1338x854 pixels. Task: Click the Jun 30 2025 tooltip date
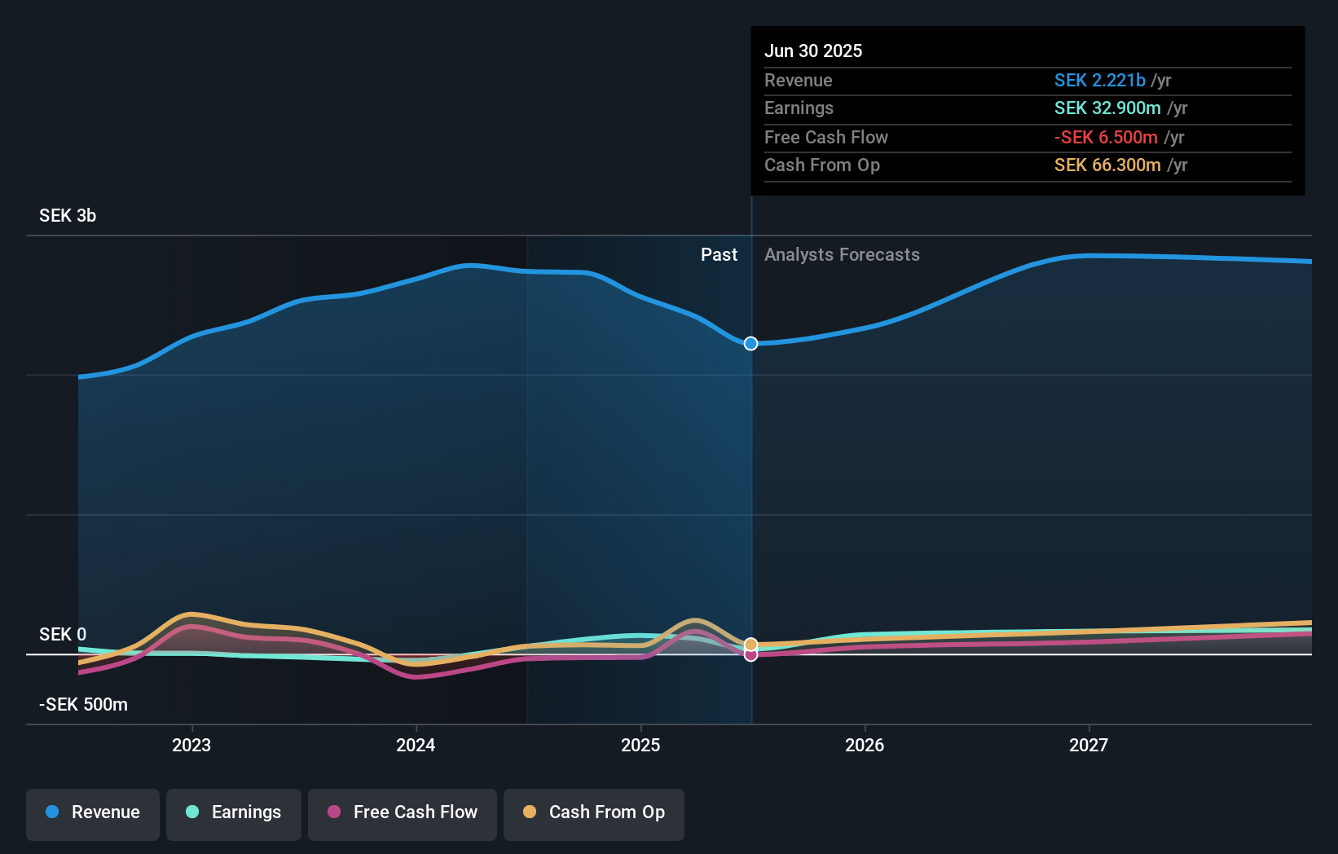[x=812, y=51]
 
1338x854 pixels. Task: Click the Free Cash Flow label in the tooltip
[x=825, y=137]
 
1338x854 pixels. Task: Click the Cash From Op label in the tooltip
[x=821, y=165]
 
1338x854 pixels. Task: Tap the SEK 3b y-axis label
[x=68, y=215]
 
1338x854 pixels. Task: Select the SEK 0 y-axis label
[x=63, y=634]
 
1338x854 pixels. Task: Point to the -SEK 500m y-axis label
[x=83, y=704]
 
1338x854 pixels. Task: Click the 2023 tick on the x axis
[x=191, y=745]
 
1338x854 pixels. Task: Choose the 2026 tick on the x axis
[x=865, y=745]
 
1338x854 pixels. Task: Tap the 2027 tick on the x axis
[x=1089, y=745]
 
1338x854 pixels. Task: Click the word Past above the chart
[x=719, y=254]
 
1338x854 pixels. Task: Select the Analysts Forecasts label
[x=842, y=254]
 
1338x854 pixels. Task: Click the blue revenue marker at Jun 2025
[x=750, y=343]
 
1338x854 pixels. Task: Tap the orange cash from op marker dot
[x=750, y=645]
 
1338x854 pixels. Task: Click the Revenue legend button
[x=93, y=812]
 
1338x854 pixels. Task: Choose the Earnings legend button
[x=234, y=812]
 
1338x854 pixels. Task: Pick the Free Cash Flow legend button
[x=403, y=812]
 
